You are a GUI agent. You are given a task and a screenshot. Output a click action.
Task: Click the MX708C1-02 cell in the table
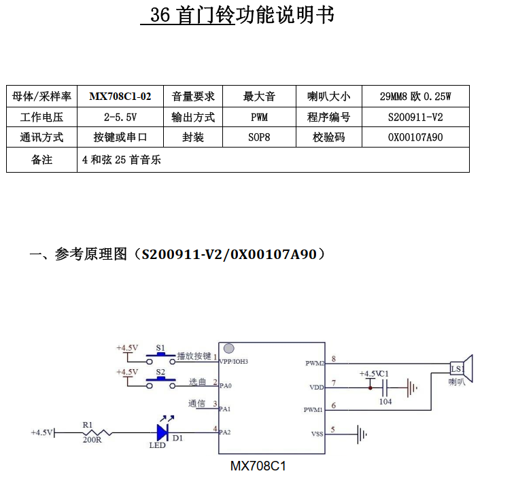click(120, 96)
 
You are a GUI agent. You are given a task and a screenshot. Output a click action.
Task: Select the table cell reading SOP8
click(259, 137)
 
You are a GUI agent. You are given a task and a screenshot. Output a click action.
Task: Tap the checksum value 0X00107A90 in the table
click(415, 137)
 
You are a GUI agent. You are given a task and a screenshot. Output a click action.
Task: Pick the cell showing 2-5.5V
click(120, 117)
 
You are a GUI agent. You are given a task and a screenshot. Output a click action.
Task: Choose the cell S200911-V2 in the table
click(415, 117)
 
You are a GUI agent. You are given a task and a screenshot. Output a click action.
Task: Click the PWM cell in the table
click(259, 117)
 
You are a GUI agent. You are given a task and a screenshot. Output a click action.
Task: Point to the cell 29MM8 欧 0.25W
click(415, 96)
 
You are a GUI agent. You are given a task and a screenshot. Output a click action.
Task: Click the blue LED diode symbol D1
click(162, 432)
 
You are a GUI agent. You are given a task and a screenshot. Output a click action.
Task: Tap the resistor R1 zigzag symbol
click(97, 432)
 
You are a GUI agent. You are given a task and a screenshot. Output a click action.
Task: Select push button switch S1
click(160, 358)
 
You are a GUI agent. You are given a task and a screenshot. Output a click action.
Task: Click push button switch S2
click(160, 383)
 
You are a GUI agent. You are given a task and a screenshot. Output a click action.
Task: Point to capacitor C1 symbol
click(385, 388)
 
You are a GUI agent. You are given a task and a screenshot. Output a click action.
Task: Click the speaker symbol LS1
click(462, 368)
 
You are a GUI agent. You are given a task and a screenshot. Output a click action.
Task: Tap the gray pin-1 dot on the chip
click(228, 348)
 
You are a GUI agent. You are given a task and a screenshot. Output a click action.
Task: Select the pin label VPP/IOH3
click(234, 361)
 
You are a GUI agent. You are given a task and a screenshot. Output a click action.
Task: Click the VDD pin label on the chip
click(317, 388)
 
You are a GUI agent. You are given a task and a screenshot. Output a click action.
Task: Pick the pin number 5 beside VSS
click(332, 430)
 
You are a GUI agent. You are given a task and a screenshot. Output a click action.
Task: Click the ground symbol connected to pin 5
click(362, 434)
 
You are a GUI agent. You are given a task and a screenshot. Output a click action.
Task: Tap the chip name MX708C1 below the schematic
click(258, 466)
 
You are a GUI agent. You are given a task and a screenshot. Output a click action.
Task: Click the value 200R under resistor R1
click(92, 440)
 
